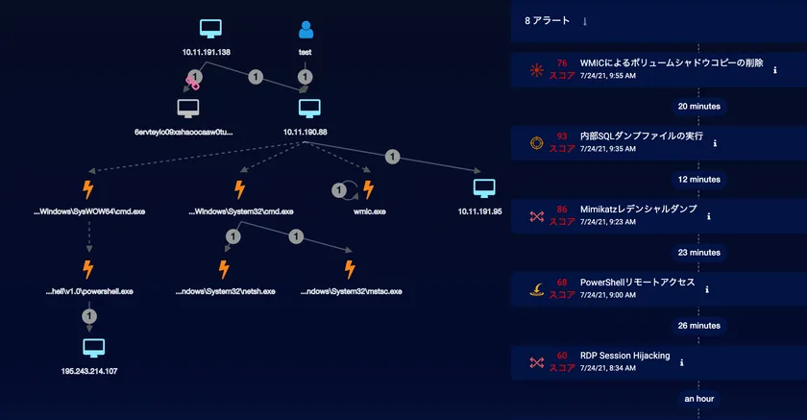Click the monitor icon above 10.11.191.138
pos(213,30)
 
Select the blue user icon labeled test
pos(306,30)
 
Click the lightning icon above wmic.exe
pos(367,189)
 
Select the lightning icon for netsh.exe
pos(223,269)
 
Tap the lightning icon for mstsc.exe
pos(349,269)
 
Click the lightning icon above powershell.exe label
pos(88,269)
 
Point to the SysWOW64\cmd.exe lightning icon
pos(88,189)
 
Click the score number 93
pos(562,136)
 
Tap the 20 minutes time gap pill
pos(698,106)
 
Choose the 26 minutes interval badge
pos(698,326)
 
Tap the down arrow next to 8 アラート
pos(585,21)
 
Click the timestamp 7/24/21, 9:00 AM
pos(608,295)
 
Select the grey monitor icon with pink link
pos(188,108)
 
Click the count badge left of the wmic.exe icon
pos(338,190)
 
